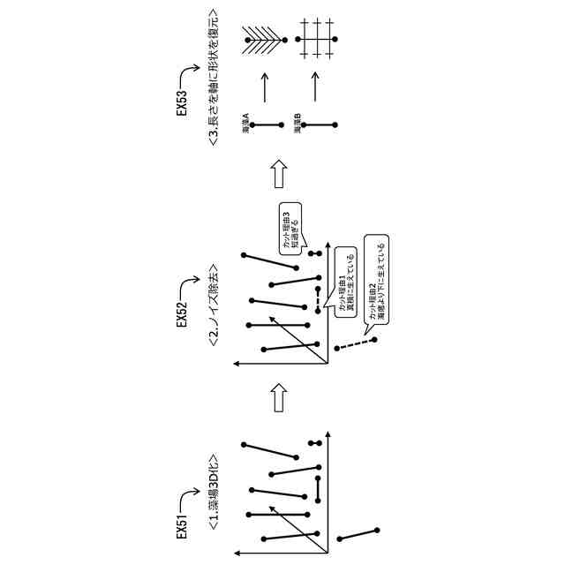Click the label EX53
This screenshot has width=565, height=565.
point(182,103)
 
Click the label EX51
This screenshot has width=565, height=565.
point(182,523)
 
